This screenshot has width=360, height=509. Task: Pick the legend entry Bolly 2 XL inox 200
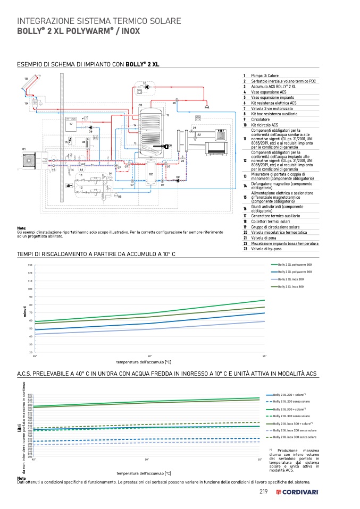point(290,279)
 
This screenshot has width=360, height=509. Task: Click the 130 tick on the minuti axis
point(30,265)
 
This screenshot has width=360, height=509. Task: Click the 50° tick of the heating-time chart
point(150,355)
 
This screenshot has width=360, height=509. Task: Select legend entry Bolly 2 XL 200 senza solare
point(291,402)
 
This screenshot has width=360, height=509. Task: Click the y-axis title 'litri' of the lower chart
point(20,428)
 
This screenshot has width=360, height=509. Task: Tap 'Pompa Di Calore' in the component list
point(265,76)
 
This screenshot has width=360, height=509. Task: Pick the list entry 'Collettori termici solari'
point(272,222)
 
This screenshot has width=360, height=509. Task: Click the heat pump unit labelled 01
point(27,159)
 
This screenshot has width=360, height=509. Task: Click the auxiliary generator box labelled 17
point(70,124)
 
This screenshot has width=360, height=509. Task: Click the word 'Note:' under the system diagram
point(22,228)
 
